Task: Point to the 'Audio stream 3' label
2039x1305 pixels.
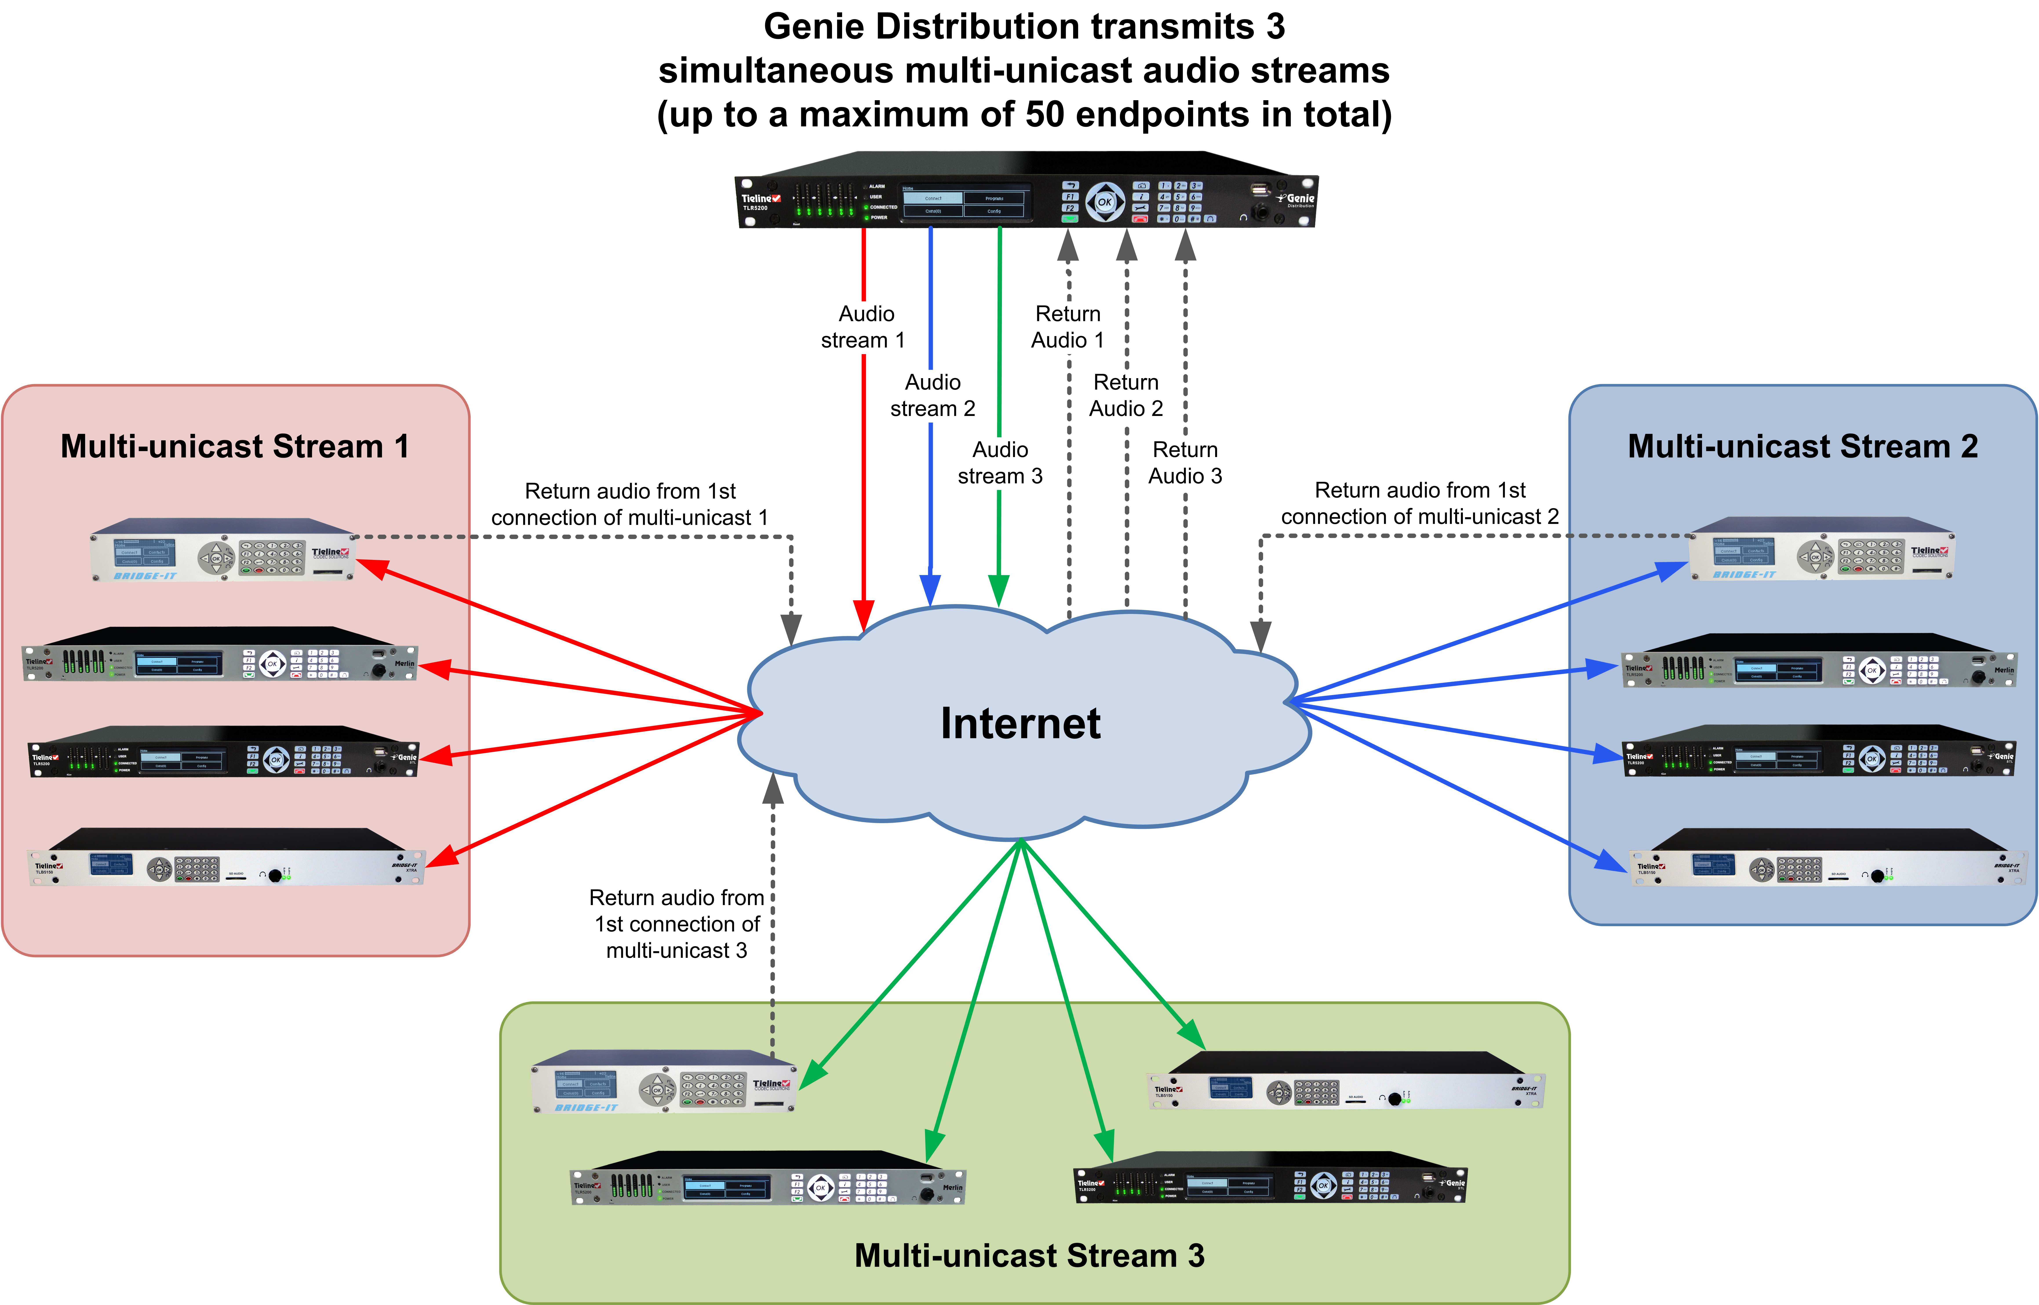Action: pyautogui.click(x=1000, y=463)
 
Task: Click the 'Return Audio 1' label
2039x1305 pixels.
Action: pyautogui.click(x=1068, y=327)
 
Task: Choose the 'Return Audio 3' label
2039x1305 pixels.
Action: pyautogui.click(x=1185, y=463)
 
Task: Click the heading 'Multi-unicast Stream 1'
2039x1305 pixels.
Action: pyautogui.click(x=235, y=446)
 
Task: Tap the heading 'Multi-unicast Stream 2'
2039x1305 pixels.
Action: pyautogui.click(x=1802, y=446)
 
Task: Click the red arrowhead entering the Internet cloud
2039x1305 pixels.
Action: pyautogui.click(x=864, y=614)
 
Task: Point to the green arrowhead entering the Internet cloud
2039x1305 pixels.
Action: pyautogui.click(x=999, y=589)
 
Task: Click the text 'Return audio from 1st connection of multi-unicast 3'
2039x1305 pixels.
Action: pyautogui.click(x=676, y=924)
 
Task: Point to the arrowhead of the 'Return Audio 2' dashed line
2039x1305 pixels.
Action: pyautogui.click(x=1126, y=246)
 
